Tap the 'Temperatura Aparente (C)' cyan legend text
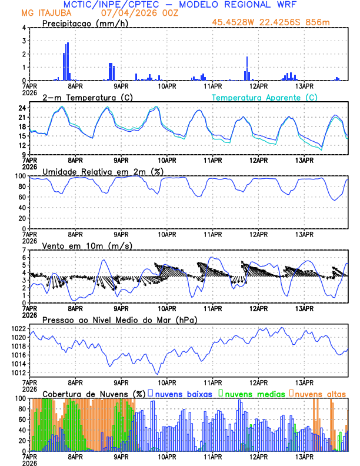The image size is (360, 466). click(x=265, y=97)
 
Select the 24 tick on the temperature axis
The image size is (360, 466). click(x=22, y=108)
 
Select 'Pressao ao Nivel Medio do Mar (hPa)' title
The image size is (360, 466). click(x=119, y=319)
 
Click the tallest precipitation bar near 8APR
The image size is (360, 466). click(x=68, y=61)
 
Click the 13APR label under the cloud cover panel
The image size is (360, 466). click(x=304, y=457)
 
